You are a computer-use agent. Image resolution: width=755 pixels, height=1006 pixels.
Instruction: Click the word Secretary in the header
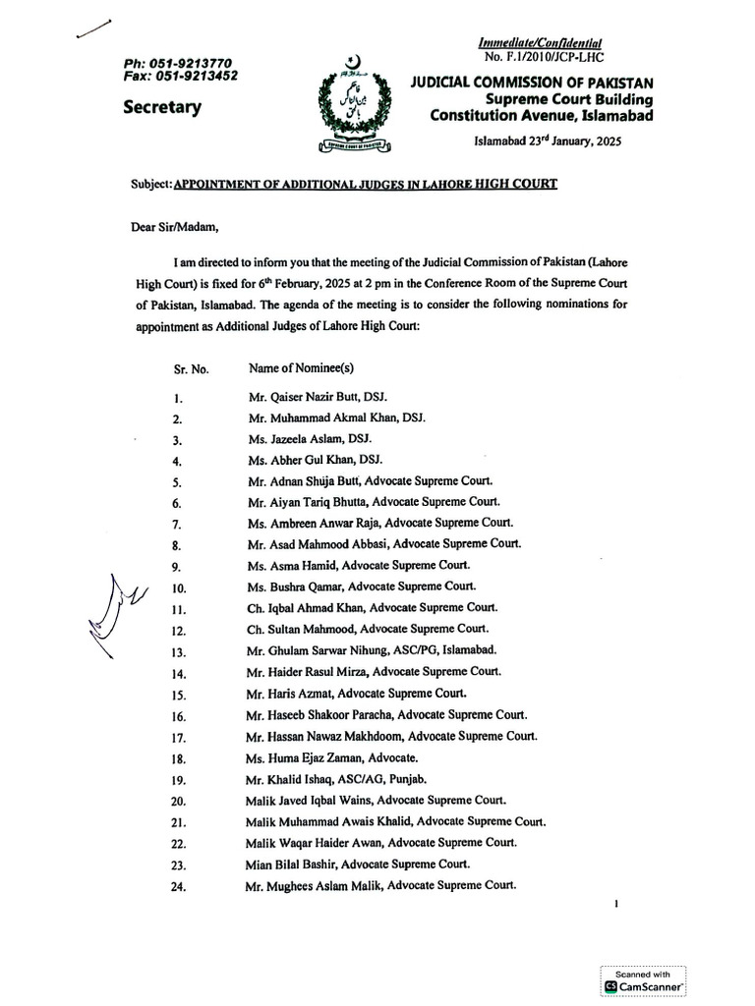163,107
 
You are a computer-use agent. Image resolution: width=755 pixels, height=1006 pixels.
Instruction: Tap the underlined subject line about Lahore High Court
367,185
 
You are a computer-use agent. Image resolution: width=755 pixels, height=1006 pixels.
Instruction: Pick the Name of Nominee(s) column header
301,367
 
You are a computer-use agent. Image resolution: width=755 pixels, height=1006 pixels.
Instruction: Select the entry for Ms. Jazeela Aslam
311,438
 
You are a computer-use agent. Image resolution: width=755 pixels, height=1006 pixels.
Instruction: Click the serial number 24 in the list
179,888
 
